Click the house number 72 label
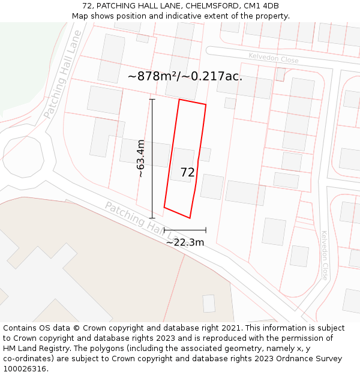(187, 173)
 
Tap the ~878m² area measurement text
(154, 76)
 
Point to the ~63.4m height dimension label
(140, 158)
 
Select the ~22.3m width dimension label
(185, 242)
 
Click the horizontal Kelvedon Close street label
(273, 58)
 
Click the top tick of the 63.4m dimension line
(152, 99)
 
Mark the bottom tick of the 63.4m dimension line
(152, 218)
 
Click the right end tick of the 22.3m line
(206, 230)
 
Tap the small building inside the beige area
(209, 304)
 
